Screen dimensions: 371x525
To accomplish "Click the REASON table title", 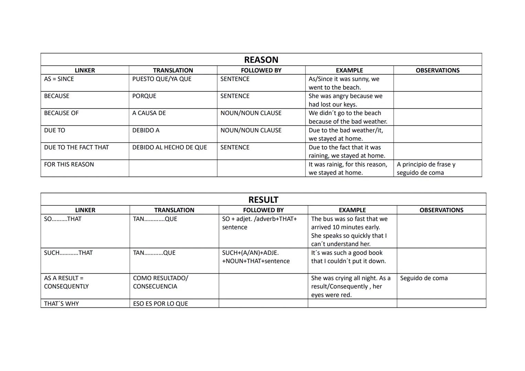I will point(261,60).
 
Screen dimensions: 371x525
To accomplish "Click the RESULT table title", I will point(263,200).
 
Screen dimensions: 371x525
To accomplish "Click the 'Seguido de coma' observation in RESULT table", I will point(424,278).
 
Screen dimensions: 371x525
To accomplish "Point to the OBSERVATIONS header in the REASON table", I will point(437,70).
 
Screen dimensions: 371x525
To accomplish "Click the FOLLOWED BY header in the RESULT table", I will point(263,210).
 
